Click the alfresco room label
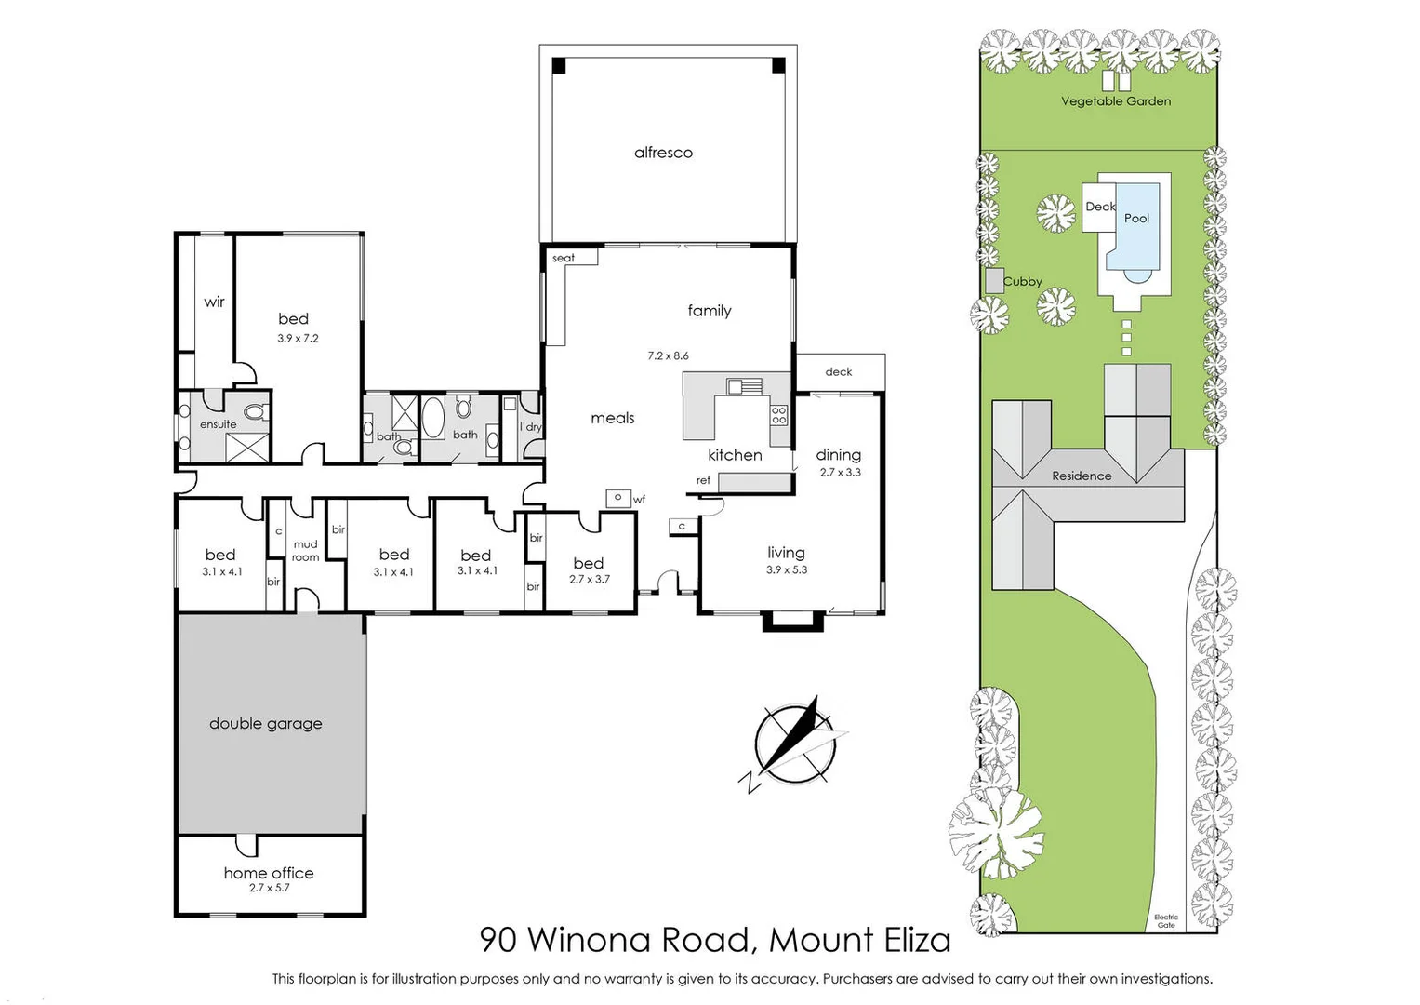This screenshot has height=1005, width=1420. (x=663, y=153)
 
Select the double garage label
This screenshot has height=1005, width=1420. (x=265, y=724)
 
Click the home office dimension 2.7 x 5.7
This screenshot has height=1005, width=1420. (x=269, y=889)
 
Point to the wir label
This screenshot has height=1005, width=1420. (x=214, y=302)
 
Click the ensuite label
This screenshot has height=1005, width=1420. (x=218, y=424)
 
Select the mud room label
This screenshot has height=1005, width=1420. (x=305, y=551)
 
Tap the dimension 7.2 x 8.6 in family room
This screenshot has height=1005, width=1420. (x=668, y=355)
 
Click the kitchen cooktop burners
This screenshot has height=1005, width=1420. (x=778, y=415)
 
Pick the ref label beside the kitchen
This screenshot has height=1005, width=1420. (x=703, y=481)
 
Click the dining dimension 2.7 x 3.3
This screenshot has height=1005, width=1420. (x=840, y=473)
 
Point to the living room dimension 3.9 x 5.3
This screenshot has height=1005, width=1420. (x=787, y=570)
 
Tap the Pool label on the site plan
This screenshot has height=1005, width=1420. (x=1136, y=219)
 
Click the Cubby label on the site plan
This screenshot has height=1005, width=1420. (x=1023, y=282)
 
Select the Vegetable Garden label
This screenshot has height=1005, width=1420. (x=1116, y=101)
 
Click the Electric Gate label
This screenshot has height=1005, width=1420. (x=1165, y=921)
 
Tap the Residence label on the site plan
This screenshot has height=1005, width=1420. (x=1082, y=476)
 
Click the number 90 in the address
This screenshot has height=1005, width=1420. (x=498, y=940)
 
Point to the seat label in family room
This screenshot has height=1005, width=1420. (x=563, y=259)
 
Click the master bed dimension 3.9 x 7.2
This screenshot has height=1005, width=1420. (x=298, y=339)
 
